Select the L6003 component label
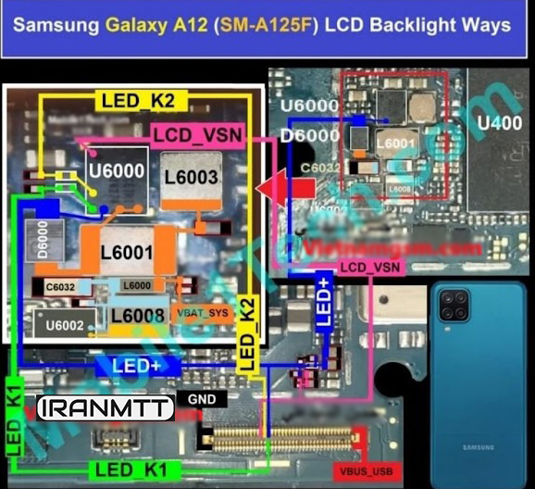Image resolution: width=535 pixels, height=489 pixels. [191, 176]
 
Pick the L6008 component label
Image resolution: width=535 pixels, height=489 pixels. [139, 316]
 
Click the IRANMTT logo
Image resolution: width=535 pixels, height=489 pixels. [105, 407]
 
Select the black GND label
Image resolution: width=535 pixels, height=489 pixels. [201, 399]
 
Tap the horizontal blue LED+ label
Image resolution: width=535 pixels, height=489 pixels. [138, 366]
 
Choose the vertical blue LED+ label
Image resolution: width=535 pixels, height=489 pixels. [324, 299]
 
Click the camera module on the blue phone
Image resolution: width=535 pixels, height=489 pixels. [454, 304]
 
